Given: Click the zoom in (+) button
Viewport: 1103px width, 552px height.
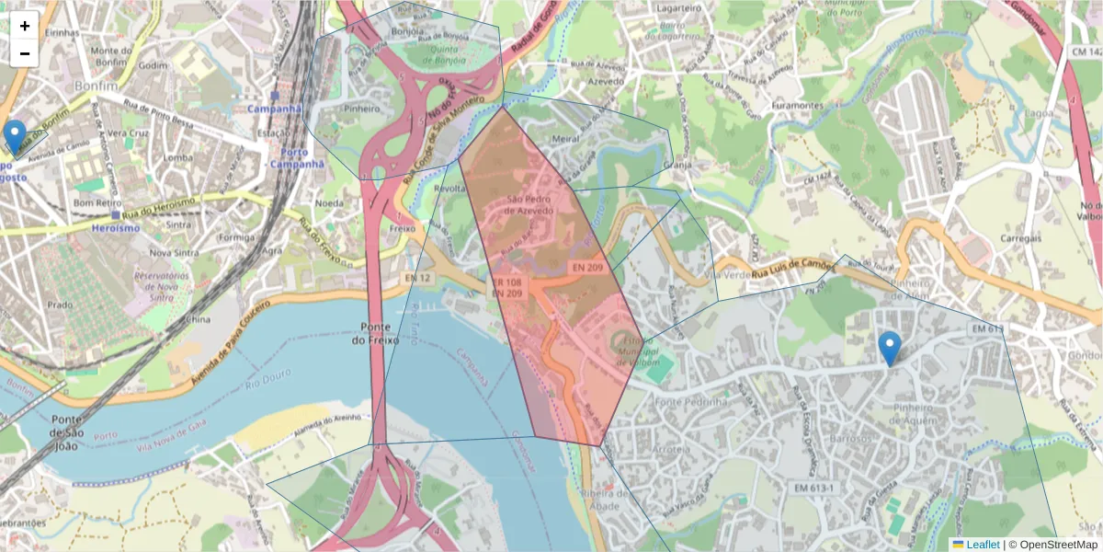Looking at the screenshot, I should click(25, 26).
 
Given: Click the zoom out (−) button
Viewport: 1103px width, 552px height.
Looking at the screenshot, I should click(25, 52).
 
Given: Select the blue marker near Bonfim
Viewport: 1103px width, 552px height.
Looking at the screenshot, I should click(15, 135).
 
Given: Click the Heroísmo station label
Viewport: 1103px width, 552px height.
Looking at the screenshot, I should click(116, 226).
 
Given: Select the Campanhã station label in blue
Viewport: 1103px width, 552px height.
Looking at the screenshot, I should click(274, 108).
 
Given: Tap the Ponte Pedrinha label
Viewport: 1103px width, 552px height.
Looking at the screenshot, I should click(693, 402).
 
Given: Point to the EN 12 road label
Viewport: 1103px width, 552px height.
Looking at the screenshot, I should click(417, 278).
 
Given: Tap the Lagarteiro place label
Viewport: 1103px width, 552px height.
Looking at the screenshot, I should click(679, 8).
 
